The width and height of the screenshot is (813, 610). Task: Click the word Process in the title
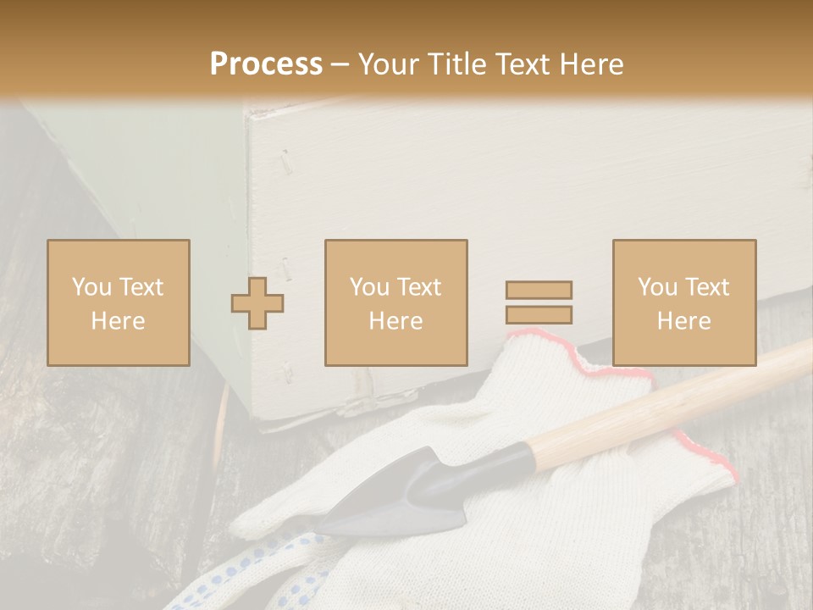[266, 64]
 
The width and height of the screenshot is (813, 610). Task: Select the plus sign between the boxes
[257, 302]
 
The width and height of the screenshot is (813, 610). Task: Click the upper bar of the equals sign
[539, 290]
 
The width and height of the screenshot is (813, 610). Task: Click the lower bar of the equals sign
[539, 315]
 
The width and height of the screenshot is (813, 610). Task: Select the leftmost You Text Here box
[119, 302]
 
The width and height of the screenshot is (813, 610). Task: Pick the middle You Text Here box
[396, 302]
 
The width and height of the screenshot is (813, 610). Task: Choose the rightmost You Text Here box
[684, 302]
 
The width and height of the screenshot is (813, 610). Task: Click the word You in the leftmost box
[92, 286]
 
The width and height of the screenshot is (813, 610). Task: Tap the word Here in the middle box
[396, 321]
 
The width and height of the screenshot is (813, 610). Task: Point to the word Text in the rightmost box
[706, 287]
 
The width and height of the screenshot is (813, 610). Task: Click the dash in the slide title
[340, 64]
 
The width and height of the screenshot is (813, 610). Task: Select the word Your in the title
[390, 64]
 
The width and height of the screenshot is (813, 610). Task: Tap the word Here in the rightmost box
[684, 321]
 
